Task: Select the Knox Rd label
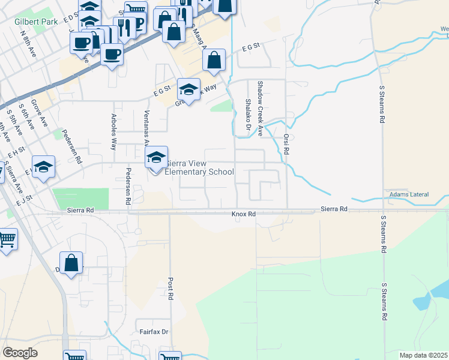244,214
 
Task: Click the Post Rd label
170,289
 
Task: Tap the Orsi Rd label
286,145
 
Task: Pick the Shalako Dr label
247,115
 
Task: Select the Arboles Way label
114,131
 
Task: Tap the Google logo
20,353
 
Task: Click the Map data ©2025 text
424,355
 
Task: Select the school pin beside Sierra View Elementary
156,158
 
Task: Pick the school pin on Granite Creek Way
188,90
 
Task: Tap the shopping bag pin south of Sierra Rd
71,264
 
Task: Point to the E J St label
23,199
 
